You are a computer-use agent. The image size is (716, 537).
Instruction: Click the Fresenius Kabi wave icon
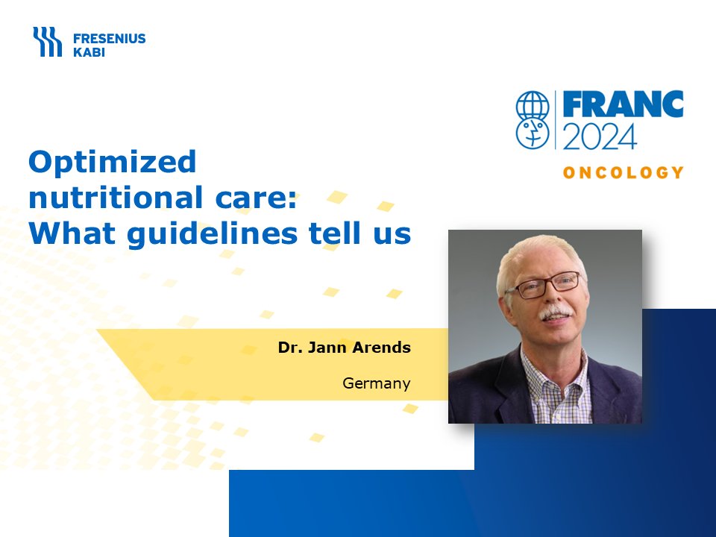47,42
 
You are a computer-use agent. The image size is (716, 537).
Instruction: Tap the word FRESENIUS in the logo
109,38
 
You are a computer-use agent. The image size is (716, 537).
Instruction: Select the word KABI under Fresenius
89,52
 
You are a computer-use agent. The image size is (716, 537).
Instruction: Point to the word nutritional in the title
116,197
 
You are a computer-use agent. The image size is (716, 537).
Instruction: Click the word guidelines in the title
213,233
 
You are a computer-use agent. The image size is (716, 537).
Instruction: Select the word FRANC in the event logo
623,104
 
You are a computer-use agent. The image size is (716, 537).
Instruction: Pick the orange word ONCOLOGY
623,172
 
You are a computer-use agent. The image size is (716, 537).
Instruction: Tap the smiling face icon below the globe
533,134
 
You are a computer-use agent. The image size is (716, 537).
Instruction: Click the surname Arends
382,348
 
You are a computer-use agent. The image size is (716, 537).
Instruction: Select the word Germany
376,383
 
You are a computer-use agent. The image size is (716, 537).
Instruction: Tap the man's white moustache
555,313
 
